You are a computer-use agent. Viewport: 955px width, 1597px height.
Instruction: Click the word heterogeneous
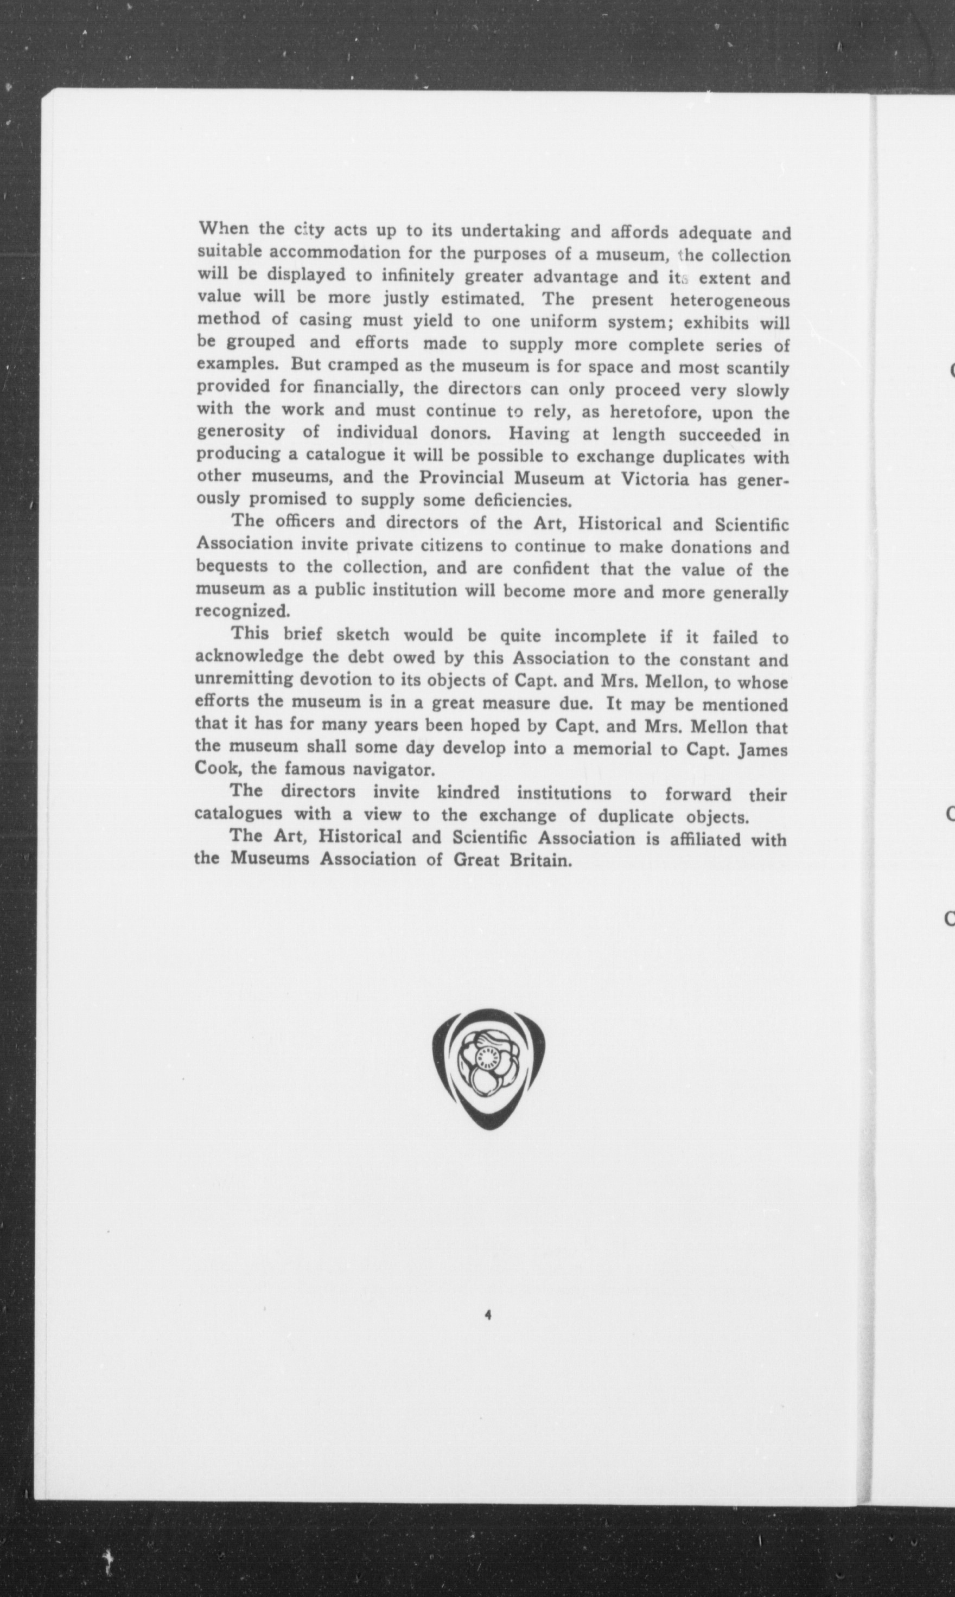pos(729,301)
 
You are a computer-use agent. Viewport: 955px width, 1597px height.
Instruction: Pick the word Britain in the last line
pos(540,860)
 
